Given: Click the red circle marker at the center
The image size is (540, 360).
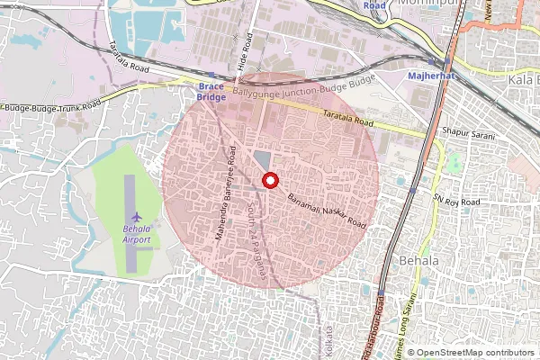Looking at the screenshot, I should pos(269,180).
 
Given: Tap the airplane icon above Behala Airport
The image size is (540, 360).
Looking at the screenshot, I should pos(136,217).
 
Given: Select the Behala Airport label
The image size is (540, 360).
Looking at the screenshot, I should pos(136,235).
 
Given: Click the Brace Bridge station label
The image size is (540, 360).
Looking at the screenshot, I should pos(211,91).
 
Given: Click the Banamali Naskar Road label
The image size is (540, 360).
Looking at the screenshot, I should pos(326,210).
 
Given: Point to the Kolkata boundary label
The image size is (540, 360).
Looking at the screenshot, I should pos(328,338).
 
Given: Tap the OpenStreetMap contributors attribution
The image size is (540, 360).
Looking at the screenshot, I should pos(476,352).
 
